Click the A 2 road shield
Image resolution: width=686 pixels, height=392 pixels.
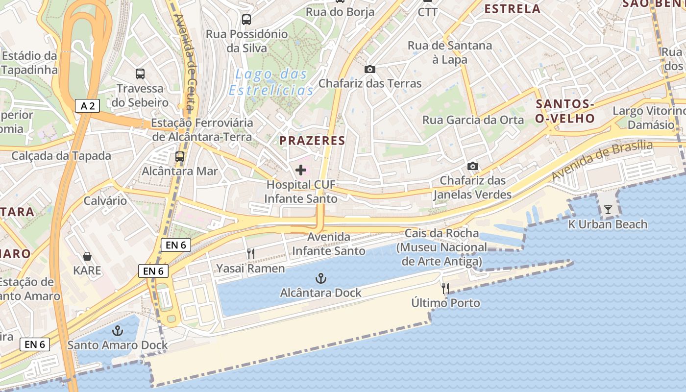click(88, 105)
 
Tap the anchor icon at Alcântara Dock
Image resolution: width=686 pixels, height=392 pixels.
click(320, 279)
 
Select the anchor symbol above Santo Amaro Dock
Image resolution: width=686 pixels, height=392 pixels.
click(118, 331)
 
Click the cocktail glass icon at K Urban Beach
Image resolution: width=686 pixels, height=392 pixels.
click(608, 210)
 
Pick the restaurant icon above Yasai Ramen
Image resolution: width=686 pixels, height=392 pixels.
click(250, 253)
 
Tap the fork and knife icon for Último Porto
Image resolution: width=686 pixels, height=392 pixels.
click(445, 289)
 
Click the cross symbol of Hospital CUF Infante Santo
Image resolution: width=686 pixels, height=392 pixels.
click(301, 170)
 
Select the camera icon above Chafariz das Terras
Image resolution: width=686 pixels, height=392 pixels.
click(370, 69)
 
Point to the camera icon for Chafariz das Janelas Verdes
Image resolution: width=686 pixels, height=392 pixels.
click(473, 166)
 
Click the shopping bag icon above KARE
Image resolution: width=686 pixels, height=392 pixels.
click(87, 256)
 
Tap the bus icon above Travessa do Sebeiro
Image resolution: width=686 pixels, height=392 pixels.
click(140, 74)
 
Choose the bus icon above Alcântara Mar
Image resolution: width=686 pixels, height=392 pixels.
click(180, 157)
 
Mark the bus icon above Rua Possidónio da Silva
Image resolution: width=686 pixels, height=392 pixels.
click(246, 20)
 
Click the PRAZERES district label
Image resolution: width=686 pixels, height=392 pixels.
click(312, 141)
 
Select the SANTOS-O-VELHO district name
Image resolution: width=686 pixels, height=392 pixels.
click(565, 111)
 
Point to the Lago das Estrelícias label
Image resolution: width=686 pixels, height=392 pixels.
click(271, 82)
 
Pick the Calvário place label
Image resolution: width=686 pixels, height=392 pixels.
click(105, 200)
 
